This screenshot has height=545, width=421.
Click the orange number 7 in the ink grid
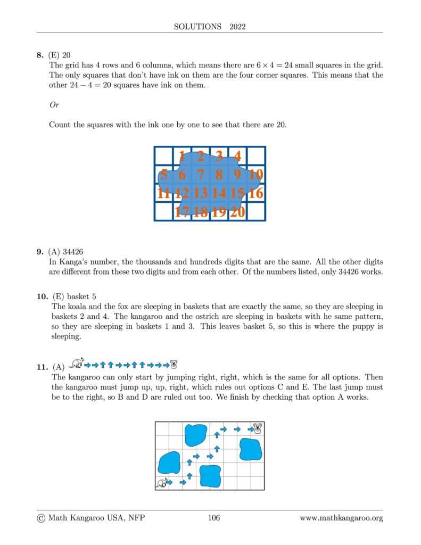coord(200,175)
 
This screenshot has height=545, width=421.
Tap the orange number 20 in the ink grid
coord(237,212)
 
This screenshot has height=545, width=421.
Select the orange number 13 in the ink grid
coord(200,193)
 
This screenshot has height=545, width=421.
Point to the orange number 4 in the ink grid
coord(237,156)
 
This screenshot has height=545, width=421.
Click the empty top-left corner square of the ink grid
coord(163,156)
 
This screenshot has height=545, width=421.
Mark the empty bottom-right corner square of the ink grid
coord(256,212)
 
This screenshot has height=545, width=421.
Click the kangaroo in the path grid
coord(162,483)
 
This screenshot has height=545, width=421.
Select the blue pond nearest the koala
coord(250,449)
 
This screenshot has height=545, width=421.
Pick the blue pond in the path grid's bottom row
coord(210,476)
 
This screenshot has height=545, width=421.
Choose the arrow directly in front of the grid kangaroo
coord(183,483)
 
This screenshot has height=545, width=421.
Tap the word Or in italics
coord(54,105)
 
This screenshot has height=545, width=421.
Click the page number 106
coord(213,518)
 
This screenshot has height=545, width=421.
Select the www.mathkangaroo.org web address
coord(341,518)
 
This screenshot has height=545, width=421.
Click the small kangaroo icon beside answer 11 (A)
coord(77,363)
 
